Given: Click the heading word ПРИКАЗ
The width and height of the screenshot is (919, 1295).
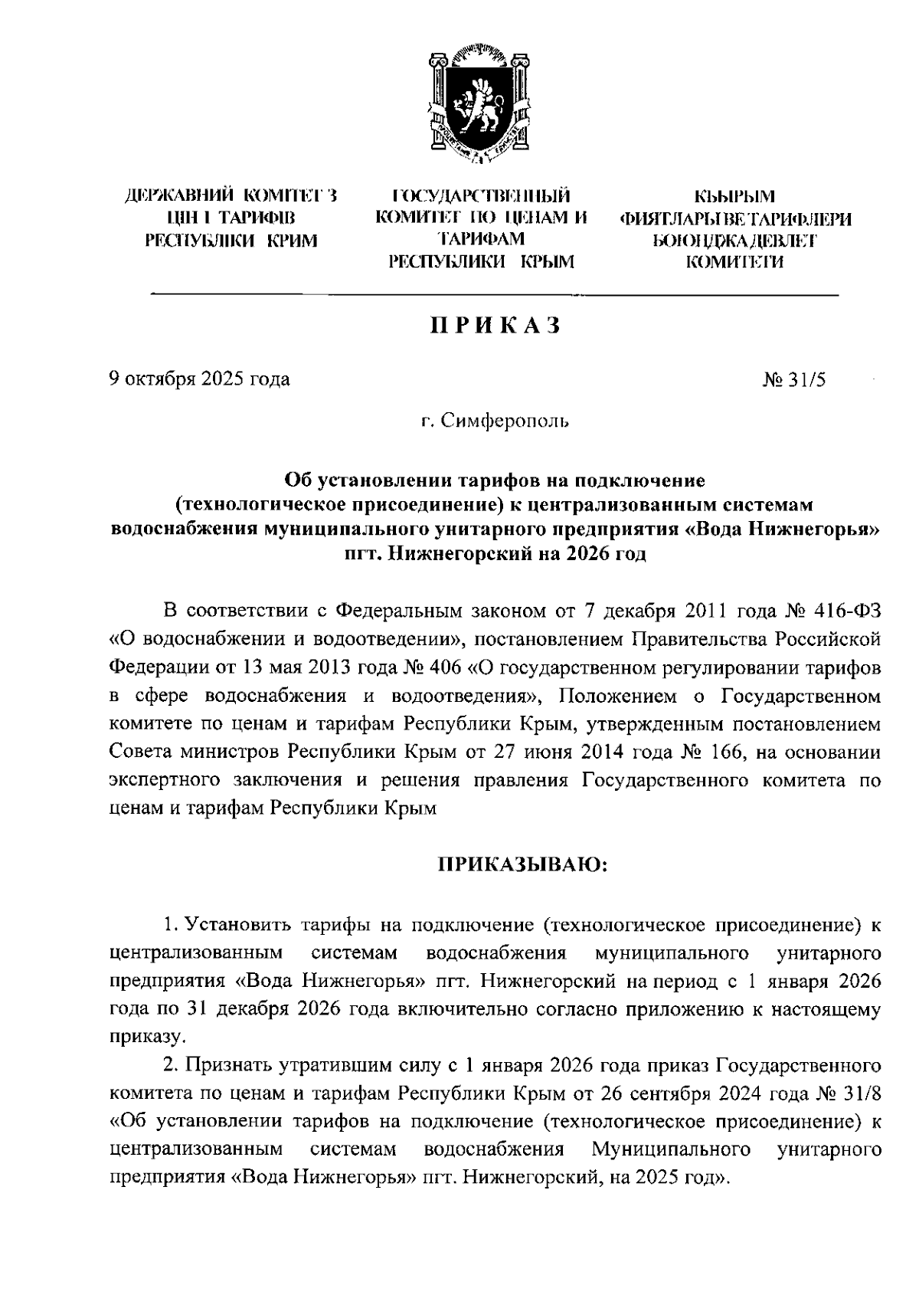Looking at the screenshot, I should click(x=495, y=326).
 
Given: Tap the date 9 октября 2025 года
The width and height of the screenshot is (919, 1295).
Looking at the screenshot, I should click(x=200, y=379).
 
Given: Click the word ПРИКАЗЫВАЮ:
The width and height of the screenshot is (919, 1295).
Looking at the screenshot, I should click(x=522, y=866).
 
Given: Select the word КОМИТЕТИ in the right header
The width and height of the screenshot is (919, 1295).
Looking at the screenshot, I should click(x=734, y=263).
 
